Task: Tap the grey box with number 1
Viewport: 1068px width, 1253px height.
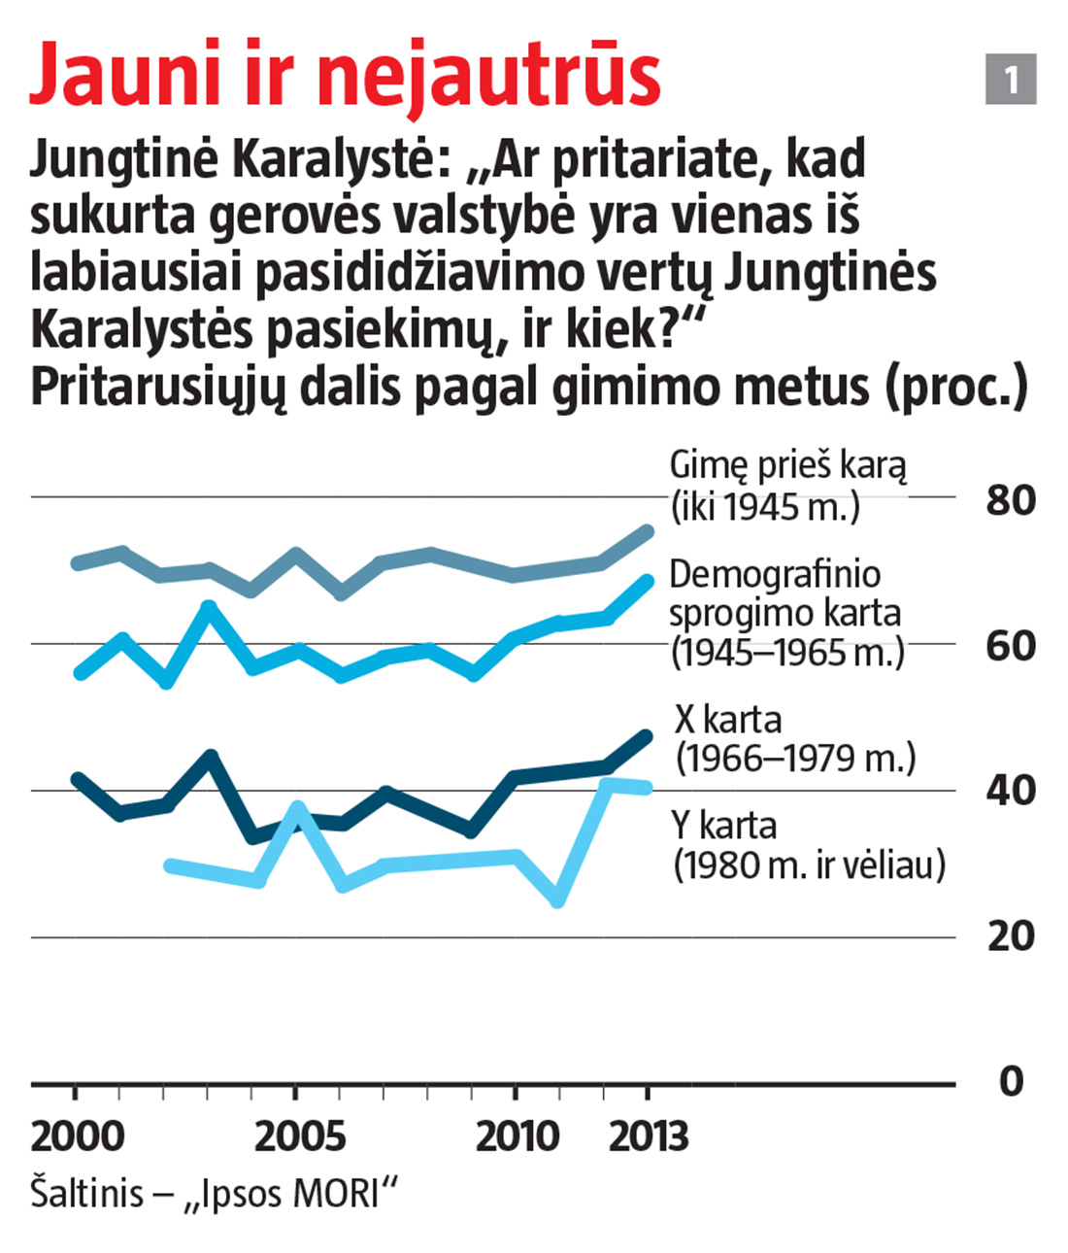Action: click(x=1011, y=79)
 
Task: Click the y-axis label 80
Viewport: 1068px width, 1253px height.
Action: click(x=1011, y=500)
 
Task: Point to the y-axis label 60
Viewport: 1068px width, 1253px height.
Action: click(x=1011, y=645)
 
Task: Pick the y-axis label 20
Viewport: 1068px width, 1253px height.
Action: click(x=1011, y=935)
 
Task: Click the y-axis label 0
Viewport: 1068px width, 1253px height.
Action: click(x=1011, y=1081)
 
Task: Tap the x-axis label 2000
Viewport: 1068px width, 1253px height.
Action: click(x=78, y=1136)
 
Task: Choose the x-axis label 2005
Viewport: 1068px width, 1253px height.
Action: click(x=299, y=1136)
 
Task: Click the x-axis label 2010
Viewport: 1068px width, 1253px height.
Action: click(x=517, y=1136)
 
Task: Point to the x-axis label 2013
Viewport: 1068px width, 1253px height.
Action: click(x=649, y=1136)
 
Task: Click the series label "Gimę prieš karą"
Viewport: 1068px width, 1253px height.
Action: click(x=787, y=465)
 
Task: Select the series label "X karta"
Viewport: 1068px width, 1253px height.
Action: click(x=728, y=720)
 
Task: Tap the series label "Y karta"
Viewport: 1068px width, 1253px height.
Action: click(x=724, y=826)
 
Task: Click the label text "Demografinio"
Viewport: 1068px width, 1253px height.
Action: click(x=775, y=574)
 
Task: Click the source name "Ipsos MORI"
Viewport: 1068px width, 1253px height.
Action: click(x=295, y=1194)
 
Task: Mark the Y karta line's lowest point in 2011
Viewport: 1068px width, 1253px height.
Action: click(x=557, y=900)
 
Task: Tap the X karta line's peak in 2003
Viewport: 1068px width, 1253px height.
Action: click(x=211, y=756)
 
